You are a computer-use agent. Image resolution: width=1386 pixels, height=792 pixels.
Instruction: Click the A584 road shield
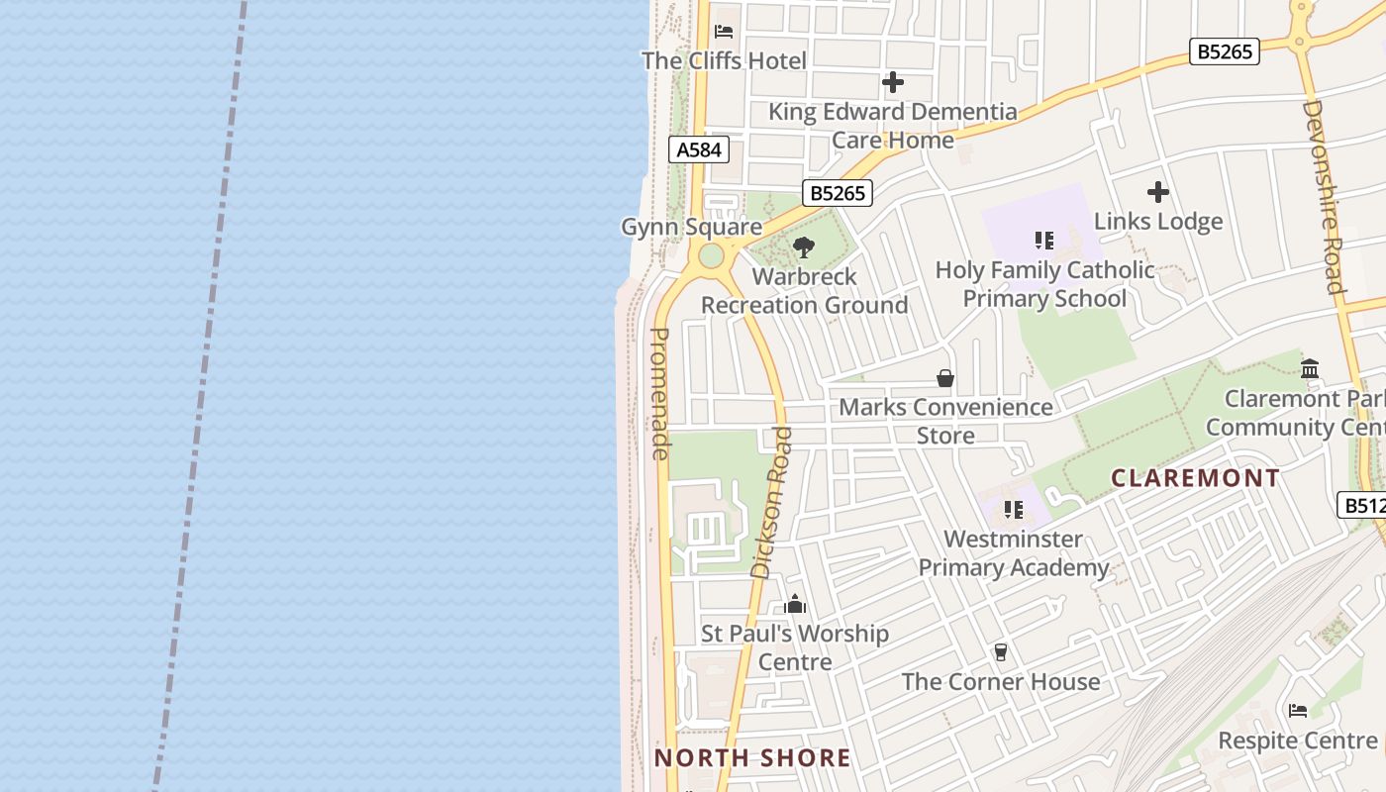pyautogui.click(x=699, y=149)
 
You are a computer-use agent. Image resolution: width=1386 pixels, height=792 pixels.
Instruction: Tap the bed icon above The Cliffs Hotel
pyautogui.click(x=724, y=31)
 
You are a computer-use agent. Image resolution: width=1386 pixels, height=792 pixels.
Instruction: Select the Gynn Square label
pyautogui.click(x=691, y=227)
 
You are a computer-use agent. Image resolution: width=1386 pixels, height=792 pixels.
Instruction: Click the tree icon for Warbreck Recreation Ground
pyautogui.click(x=804, y=247)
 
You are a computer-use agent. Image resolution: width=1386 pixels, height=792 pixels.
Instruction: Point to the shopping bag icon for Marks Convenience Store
pyautogui.click(x=945, y=378)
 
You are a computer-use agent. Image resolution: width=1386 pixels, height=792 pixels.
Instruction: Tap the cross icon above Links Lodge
pyautogui.click(x=1158, y=192)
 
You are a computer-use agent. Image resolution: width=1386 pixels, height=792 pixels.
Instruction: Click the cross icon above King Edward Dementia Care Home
pyautogui.click(x=893, y=82)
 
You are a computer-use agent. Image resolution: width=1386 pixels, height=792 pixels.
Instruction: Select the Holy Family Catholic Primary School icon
pyautogui.click(x=1043, y=240)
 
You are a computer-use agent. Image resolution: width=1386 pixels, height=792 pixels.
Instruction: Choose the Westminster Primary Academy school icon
pyautogui.click(x=1013, y=510)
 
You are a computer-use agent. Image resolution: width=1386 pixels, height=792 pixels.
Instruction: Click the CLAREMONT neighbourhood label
pyautogui.click(x=1195, y=478)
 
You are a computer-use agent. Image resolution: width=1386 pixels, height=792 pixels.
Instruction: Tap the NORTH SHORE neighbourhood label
pyautogui.click(x=752, y=758)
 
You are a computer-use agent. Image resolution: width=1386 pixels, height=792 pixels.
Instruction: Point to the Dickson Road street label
pyautogui.click(x=772, y=503)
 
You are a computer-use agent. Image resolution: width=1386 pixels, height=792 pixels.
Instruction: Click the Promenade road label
pyautogui.click(x=661, y=394)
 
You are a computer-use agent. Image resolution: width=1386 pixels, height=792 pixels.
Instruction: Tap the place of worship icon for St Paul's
pyautogui.click(x=795, y=604)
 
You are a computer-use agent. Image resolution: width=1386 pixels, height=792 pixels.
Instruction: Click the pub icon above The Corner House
pyautogui.click(x=1001, y=651)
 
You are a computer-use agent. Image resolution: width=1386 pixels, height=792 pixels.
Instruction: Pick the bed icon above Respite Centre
pyautogui.click(x=1298, y=710)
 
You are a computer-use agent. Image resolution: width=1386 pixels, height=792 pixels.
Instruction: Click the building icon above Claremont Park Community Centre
pyautogui.click(x=1310, y=368)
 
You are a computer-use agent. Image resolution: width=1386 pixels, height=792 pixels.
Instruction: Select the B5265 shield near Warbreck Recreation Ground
pyautogui.click(x=837, y=193)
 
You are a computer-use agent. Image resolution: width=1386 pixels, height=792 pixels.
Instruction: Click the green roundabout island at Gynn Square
pyautogui.click(x=711, y=255)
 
